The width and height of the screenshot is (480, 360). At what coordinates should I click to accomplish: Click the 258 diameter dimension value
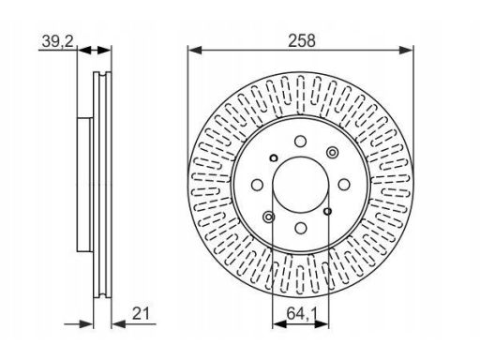point(302,41)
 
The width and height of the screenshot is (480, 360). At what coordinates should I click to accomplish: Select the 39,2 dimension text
point(58,41)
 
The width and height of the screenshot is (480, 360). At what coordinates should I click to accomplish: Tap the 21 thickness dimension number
point(141,313)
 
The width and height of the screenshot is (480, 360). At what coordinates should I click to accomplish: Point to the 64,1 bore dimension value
point(302,313)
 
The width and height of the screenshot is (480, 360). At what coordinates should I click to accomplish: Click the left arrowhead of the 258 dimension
point(195,50)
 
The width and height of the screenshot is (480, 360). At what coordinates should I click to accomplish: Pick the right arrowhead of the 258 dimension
point(406,50)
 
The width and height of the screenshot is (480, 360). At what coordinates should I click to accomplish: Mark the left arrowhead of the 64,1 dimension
point(279,324)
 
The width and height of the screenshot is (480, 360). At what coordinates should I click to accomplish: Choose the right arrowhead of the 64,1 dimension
point(322,324)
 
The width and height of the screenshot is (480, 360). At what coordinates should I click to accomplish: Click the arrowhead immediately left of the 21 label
point(118,324)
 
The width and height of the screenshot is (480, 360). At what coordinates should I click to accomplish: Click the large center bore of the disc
point(300,185)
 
